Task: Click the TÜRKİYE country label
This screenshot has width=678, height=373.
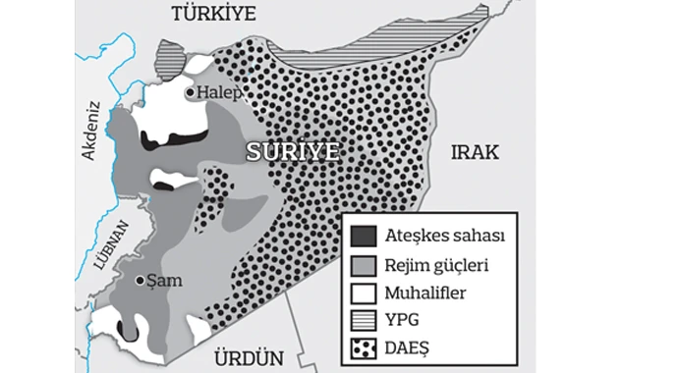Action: click(x=212, y=13)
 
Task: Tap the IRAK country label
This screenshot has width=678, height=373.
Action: click(x=475, y=152)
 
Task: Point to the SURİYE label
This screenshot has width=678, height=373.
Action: click(x=292, y=151)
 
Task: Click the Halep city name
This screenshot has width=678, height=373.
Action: click(x=219, y=91)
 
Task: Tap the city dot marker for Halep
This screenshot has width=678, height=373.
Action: click(x=191, y=92)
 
